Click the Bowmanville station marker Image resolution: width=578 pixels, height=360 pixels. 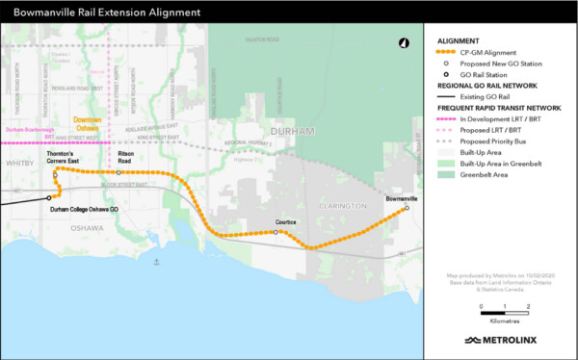tap(407, 208)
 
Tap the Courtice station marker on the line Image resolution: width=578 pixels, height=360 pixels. tap(276, 232)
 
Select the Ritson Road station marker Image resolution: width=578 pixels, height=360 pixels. tap(118, 172)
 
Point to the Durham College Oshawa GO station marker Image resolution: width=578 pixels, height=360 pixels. tap(51, 199)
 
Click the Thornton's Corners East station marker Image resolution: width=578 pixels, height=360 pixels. tap(56, 174)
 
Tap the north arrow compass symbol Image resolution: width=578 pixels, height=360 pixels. tap(403, 43)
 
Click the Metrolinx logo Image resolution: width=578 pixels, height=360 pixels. tap(500, 340)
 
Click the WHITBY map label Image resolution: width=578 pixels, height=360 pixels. tap(16, 164)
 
